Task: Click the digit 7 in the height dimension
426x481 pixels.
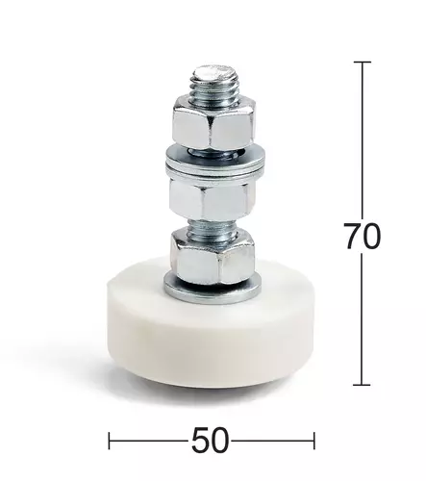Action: tap(352, 237)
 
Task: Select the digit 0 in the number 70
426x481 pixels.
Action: tap(372, 237)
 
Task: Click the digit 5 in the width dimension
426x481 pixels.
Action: tap(201, 441)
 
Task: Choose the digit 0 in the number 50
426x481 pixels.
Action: tap(222, 441)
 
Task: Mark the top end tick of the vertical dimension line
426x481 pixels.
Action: tap(362, 63)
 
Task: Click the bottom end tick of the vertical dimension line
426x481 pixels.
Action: tap(362, 385)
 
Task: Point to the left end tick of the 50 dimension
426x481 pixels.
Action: tap(110, 442)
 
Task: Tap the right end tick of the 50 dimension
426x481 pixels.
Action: tap(313, 442)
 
